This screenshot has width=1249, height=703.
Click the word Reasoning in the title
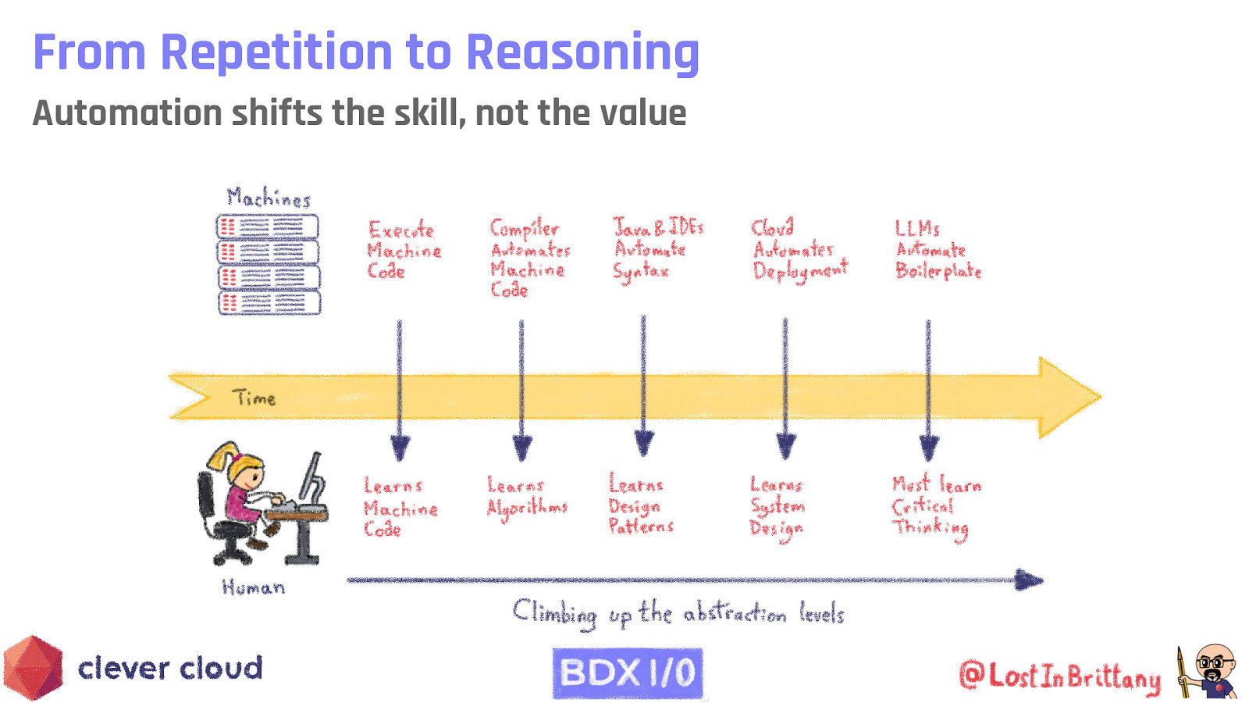tap(582, 52)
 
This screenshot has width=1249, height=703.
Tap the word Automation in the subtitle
tap(126, 113)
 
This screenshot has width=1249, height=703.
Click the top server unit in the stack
tap(268, 227)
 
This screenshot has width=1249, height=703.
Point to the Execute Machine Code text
tap(404, 250)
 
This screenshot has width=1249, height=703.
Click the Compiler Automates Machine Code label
tap(529, 258)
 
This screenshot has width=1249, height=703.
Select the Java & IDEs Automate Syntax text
tap(657, 248)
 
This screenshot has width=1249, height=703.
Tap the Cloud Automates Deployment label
tap(799, 248)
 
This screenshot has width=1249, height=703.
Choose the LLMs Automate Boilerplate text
tap(937, 250)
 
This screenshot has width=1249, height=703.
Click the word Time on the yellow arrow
tap(254, 398)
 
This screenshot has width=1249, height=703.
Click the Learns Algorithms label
tap(526, 498)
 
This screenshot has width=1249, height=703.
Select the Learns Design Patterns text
tap(640, 505)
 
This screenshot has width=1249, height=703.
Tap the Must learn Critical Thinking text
tap(935, 506)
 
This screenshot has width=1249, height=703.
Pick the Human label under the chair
tap(253, 587)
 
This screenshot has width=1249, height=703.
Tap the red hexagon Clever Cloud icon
tap(33, 668)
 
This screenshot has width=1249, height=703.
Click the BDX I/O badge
tap(628, 673)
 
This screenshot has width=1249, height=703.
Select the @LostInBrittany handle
tap(1059, 676)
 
